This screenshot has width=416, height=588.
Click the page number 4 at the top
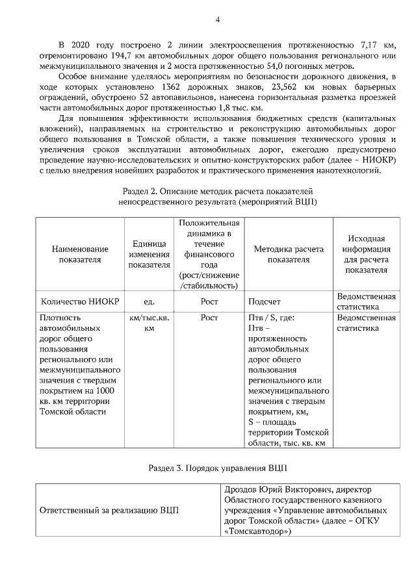(x=218, y=19)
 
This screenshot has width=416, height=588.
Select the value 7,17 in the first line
(x=369, y=45)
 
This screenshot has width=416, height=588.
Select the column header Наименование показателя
(x=81, y=254)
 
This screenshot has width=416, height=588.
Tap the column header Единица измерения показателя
(x=149, y=254)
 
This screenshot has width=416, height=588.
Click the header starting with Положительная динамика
(x=209, y=254)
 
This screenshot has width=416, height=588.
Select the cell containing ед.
(x=149, y=301)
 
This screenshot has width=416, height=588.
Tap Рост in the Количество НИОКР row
(x=209, y=301)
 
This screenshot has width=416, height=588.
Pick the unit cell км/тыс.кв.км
(x=149, y=324)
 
